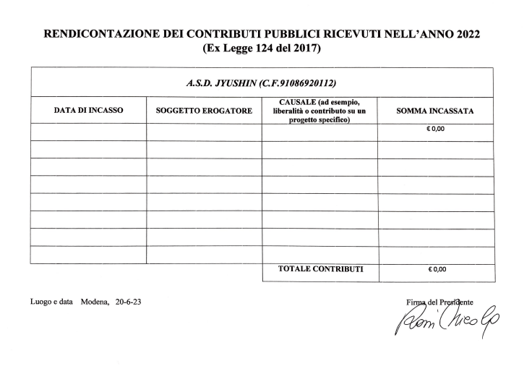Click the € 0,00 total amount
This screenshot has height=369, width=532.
[x=437, y=270]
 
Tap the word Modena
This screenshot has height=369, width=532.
[x=94, y=301]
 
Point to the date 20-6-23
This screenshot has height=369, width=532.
[x=128, y=301]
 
